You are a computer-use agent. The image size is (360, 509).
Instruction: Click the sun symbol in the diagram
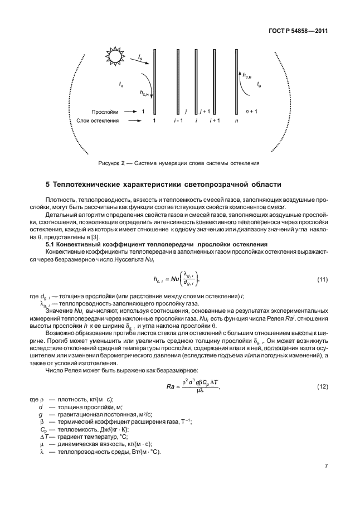[114, 56]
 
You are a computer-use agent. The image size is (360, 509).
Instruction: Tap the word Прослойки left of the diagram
[104, 112]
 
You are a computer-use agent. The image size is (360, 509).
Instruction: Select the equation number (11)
[321, 279]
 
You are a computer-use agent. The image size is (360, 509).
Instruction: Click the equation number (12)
[321, 402]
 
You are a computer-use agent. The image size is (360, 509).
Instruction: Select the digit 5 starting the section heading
[47, 184]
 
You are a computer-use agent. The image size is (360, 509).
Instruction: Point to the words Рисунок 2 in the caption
[111, 163]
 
